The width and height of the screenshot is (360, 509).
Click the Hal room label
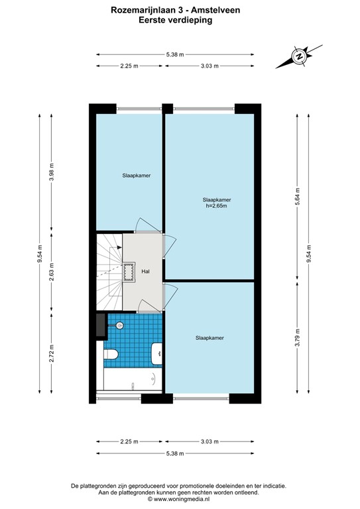click(145, 272)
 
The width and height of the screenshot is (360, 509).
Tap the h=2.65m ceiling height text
click(217, 205)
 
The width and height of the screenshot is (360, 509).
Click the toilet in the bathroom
click(111, 357)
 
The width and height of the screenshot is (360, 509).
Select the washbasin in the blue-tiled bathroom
click(157, 355)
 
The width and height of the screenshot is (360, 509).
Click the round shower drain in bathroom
click(120, 325)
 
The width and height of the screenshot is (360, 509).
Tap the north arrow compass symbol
click(300, 57)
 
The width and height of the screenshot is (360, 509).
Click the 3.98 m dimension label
click(52, 174)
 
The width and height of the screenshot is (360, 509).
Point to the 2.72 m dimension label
click(52, 358)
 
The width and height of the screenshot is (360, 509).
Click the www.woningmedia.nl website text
click(180, 500)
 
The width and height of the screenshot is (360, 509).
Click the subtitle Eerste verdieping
click(180, 20)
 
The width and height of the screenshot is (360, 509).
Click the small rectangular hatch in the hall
click(127, 270)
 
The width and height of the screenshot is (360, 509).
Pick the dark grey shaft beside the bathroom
click(99, 325)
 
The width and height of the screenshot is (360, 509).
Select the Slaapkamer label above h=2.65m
click(217, 198)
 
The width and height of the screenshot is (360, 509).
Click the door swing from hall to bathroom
click(147, 306)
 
